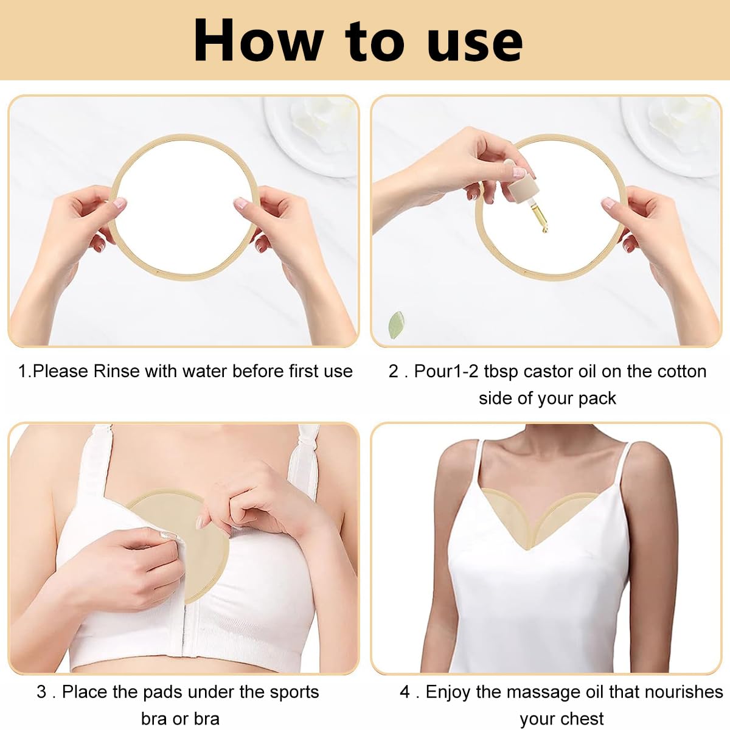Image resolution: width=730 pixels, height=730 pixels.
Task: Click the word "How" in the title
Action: tap(259, 40)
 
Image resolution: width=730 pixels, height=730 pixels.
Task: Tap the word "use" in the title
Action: tap(474, 41)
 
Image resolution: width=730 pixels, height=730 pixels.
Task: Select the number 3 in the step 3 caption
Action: tap(41, 692)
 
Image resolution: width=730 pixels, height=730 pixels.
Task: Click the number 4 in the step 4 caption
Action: tap(405, 692)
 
